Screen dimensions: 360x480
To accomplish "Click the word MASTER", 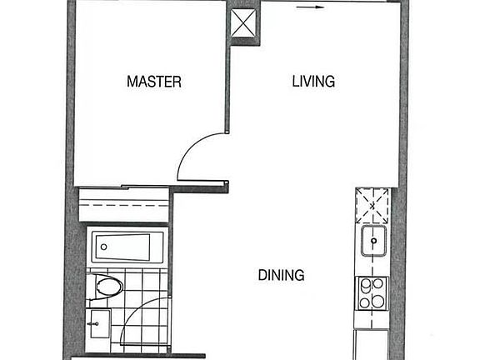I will [154, 82].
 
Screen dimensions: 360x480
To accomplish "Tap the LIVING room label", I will [313, 82].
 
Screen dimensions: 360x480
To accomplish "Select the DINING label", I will [280, 275].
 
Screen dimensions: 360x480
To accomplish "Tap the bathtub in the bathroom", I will [122, 247].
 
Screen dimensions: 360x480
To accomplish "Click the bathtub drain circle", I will [102, 247].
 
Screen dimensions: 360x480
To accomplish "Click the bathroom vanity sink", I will [99, 323].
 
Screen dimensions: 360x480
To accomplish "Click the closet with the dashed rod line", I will [122, 206].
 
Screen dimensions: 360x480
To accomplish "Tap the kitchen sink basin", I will [374, 243].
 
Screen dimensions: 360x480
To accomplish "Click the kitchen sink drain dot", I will [375, 242].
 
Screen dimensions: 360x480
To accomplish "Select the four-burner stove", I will [372, 292].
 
